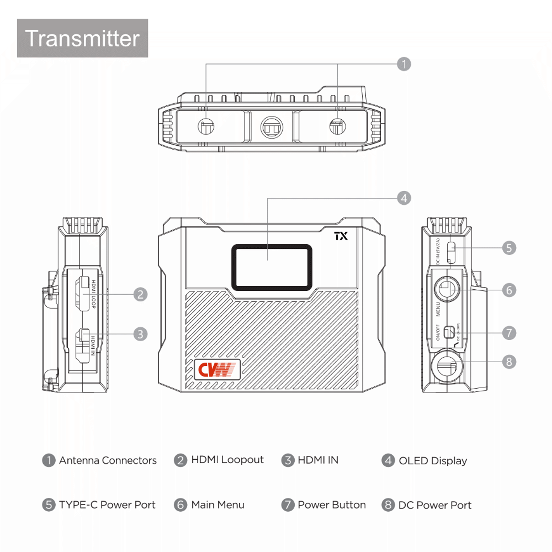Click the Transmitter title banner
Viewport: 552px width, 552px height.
(x=82, y=38)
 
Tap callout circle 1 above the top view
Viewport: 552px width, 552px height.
(x=404, y=64)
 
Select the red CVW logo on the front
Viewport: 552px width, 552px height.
(x=217, y=370)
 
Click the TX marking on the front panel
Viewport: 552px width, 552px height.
(x=341, y=236)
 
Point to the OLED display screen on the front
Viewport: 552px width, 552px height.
(x=271, y=267)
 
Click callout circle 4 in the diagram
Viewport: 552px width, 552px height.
(x=404, y=198)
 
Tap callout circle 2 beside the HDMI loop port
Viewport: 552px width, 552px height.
(x=140, y=294)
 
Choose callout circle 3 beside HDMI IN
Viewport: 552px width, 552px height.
(x=140, y=334)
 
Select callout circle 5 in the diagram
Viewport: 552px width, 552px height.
(x=509, y=248)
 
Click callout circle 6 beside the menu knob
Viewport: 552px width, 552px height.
(x=509, y=290)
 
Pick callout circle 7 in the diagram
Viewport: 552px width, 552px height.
(x=509, y=333)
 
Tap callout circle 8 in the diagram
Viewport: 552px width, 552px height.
(x=509, y=362)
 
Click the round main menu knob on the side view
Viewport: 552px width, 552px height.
(x=447, y=289)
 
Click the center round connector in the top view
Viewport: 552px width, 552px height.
(x=271, y=127)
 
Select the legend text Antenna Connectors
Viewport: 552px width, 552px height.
(x=108, y=460)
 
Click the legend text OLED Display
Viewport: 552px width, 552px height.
(x=432, y=461)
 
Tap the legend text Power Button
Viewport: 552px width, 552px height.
(x=331, y=505)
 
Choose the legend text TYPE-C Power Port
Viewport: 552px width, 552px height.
(x=107, y=505)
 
